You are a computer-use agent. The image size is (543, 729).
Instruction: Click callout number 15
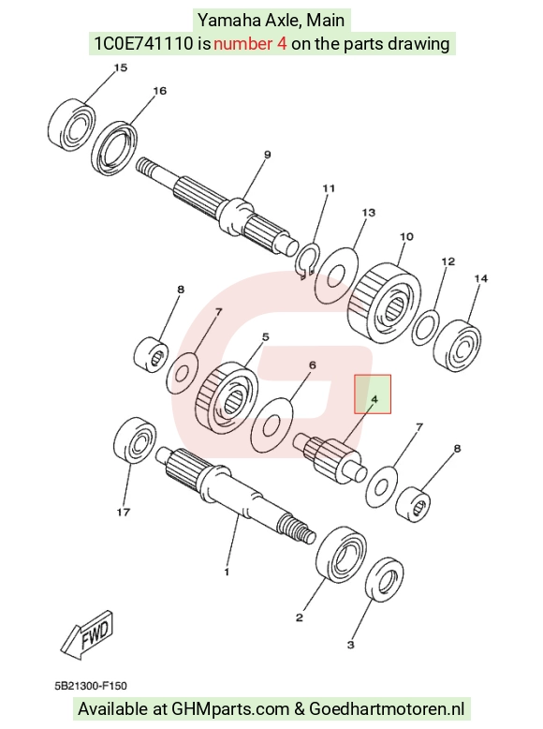tap(121, 67)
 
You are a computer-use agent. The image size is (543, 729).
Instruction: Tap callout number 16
tap(159, 91)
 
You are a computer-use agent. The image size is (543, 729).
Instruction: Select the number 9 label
tap(267, 155)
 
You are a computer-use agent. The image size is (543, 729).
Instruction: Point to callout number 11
tap(329, 188)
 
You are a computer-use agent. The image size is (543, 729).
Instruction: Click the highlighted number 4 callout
tap(374, 399)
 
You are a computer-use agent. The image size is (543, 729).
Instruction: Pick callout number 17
tap(123, 512)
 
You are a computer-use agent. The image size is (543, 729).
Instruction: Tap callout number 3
tap(350, 645)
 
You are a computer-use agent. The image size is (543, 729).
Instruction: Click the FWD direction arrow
tap(87, 634)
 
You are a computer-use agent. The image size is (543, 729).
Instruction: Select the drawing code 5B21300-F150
tap(91, 686)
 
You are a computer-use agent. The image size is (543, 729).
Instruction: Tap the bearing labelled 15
tap(71, 124)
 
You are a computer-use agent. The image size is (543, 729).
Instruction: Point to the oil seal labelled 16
tap(115, 148)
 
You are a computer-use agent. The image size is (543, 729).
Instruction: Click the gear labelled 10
tap(385, 303)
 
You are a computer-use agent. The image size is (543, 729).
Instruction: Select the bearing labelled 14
tap(457, 346)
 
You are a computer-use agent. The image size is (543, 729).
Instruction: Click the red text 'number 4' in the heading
tap(250, 44)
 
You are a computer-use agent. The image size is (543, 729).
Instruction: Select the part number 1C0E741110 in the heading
tap(143, 44)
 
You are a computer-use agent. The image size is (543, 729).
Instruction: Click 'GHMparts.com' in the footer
tap(230, 709)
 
